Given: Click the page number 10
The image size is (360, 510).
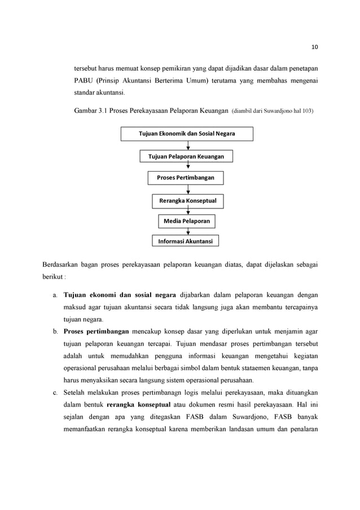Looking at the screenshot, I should coord(314,46).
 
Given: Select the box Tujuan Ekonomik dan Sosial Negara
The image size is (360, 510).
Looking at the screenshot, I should coord(187,134).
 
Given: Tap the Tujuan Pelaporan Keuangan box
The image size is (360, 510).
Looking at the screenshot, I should coord(186,156).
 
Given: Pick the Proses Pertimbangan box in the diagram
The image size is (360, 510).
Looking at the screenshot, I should coord(185,178).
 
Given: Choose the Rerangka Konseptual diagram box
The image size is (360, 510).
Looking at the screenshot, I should coord(187,200).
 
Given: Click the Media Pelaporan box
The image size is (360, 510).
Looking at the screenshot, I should coord(187,221).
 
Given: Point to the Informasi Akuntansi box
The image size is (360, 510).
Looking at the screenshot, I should coord(185,241).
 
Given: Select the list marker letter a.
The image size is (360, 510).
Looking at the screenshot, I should coord(54,295).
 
